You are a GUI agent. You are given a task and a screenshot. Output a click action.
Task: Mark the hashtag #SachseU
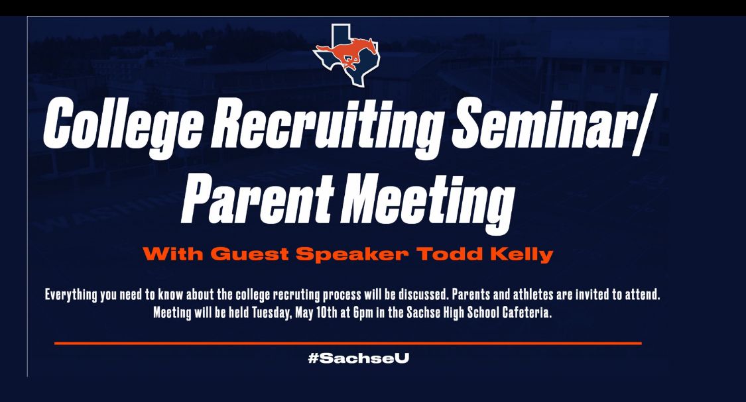tap(358, 358)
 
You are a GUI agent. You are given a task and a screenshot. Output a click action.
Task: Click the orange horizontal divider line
tap(347, 342)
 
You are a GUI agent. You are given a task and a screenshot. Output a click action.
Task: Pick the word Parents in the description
tap(471, 295)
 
